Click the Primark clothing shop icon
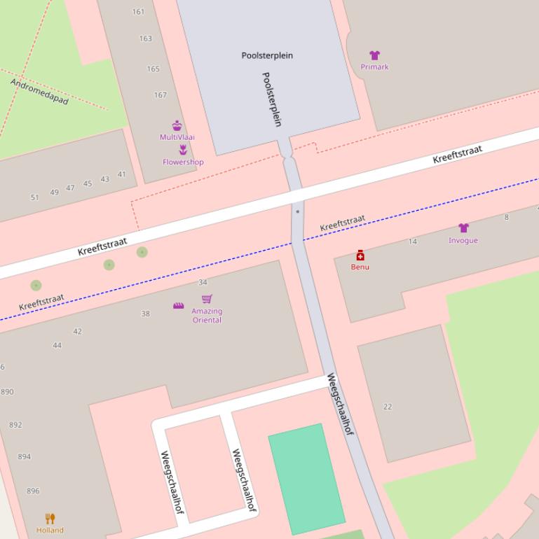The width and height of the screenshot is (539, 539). coord(374,55)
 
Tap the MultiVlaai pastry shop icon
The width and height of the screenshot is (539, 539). coord(177,126)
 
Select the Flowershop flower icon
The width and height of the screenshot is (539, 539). coord(183,150)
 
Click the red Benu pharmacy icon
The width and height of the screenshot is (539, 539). coord(360,255)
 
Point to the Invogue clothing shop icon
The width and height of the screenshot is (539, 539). coord(463,228)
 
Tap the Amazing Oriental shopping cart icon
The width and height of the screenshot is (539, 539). coord(207,299)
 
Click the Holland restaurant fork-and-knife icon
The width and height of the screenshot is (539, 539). coord(50,519)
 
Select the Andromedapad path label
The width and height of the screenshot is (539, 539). coord(39,92)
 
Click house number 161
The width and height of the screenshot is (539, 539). coord(138,12)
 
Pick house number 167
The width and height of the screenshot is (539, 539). coord(161,95)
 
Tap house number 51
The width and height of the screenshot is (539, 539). coord(35,197)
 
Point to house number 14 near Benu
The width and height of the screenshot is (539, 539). coord(413,241)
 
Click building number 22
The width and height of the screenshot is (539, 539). coord(388,407)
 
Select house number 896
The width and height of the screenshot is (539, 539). coord(33,491)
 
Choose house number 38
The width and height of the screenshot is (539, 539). coord(145,314)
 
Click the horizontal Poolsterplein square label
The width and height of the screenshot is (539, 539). coord(267,55)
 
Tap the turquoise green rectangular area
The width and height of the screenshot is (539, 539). coord(307,478)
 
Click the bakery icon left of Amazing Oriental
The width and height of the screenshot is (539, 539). coord(179,306)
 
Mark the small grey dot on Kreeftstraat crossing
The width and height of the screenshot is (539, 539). coord(298,211)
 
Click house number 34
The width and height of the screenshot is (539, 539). coord(203,283)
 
